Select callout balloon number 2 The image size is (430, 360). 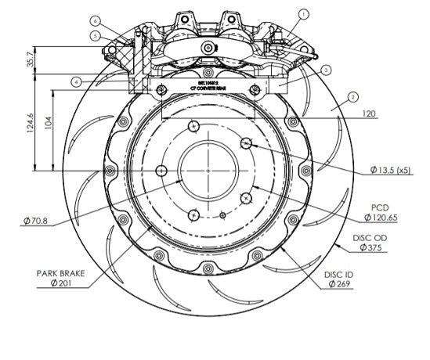point(353,96)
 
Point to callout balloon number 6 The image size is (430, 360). point(95,20)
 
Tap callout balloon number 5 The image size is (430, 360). point(95,35)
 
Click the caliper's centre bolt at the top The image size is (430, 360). point(208,48)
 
